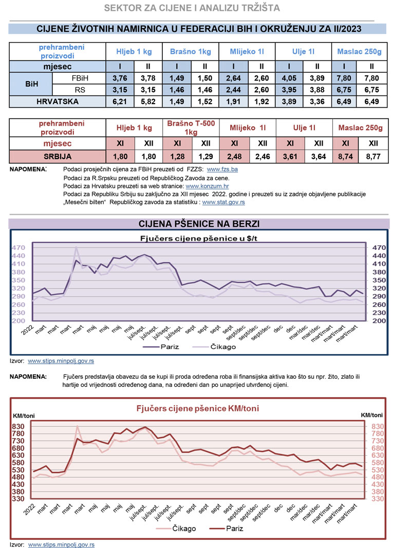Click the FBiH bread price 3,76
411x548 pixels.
(120, 79)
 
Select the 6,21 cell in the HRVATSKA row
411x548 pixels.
(120, 102)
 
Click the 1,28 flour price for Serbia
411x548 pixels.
(176, 156)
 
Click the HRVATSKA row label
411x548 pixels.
(58, 102)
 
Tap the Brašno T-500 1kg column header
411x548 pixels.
(191, 128)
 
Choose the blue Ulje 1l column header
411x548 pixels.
(303, 52)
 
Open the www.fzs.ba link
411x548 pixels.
(222, 169)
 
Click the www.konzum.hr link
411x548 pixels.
(207, 186)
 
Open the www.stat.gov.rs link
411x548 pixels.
(223, 203)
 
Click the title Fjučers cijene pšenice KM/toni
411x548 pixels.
(197, 408)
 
